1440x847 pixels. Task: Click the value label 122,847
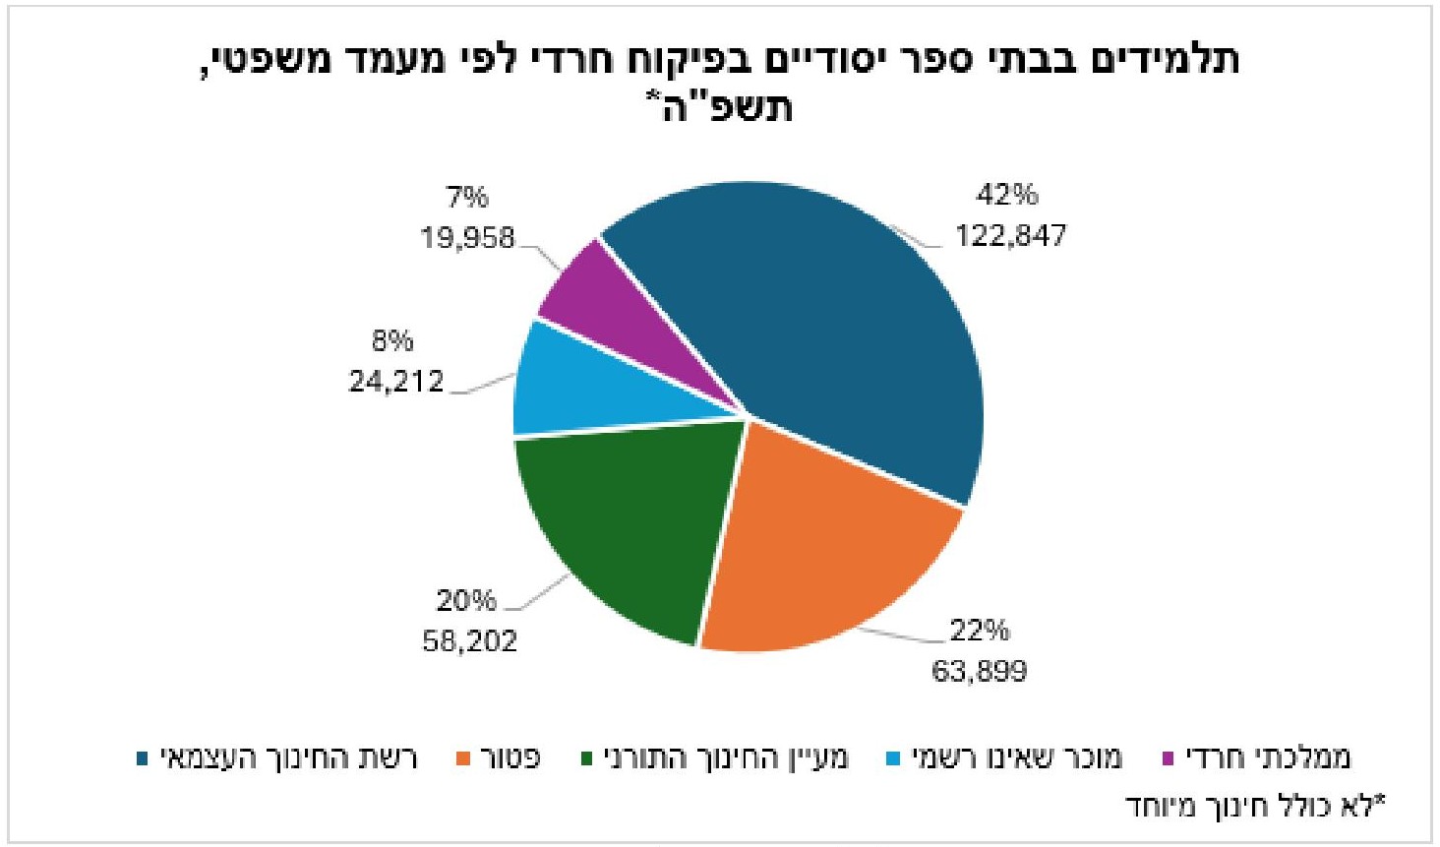click(1010, 236)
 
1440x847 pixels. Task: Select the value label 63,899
click(979, 672)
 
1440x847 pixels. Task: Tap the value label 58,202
click(469, 641)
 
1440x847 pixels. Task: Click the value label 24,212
click(396, 381)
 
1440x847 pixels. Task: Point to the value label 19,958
click(467, 237)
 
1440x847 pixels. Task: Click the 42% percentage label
click(1006, 195)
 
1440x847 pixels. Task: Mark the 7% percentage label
click(467, 197)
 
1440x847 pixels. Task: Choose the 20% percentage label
click(466, 600)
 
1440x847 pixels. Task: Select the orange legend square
click(464, 759)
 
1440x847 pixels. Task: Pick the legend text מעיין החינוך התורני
click(725, 758)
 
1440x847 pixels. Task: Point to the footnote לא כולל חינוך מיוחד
click(1254, 806)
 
